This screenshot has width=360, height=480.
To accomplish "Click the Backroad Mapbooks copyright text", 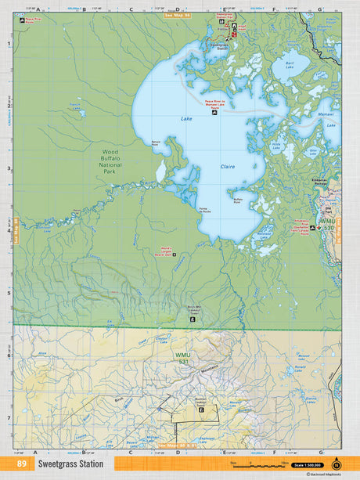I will point(324,475).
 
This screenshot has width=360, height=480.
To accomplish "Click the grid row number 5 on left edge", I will point(9,294).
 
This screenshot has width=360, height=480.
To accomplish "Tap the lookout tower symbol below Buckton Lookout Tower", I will point(201,410).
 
